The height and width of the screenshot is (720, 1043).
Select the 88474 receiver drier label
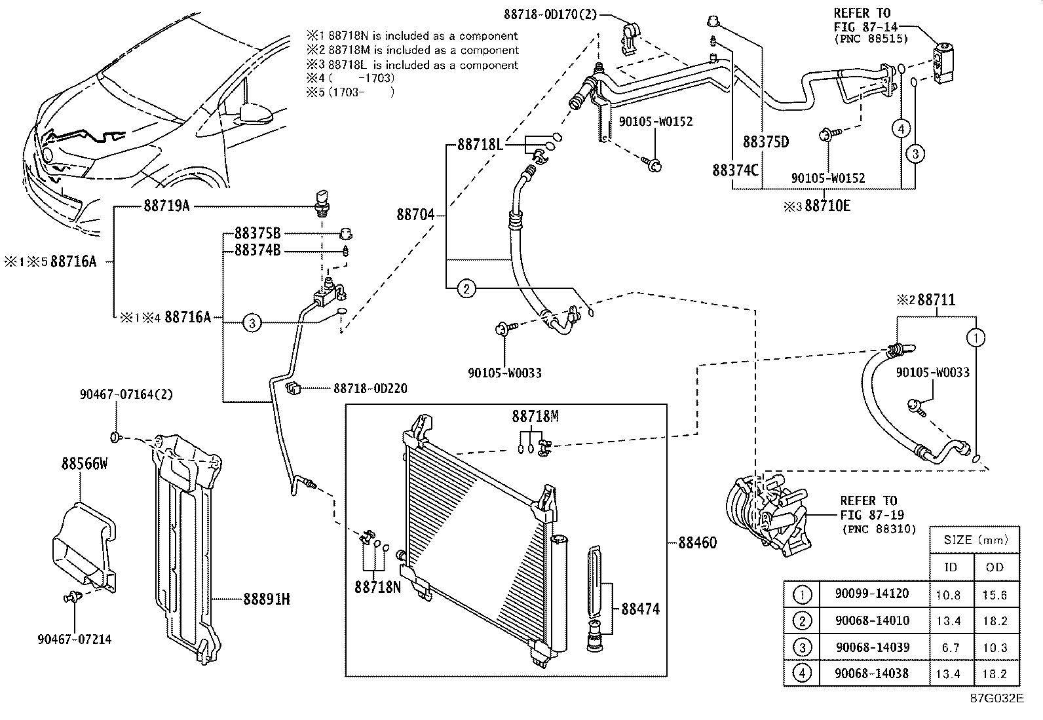[x=640, y=609]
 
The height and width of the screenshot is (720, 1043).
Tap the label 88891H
[x=267, y=599]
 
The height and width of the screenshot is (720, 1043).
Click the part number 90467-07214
[x=74, y=639]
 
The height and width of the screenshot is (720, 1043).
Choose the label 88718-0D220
[x=370, y=388]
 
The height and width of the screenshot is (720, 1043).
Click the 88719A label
[x=166, y=206]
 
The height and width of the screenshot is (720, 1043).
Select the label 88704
[x=415, y=214]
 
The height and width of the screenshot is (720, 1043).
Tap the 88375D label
[x=765, y=142]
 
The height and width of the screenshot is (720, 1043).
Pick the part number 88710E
[x=827, y=206]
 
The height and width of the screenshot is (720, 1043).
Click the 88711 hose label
[x=936, y=300]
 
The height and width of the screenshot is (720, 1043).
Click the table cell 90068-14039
[x=872, y=647]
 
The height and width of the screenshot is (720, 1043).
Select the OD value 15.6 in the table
[x=994, y=595]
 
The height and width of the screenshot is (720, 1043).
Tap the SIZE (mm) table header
[x=974, y=540]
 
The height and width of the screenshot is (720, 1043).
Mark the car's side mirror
[x=257, y=114]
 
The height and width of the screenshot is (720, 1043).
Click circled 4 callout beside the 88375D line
[x=901, y=129]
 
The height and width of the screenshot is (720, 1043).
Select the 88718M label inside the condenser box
[x=535, y=417]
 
